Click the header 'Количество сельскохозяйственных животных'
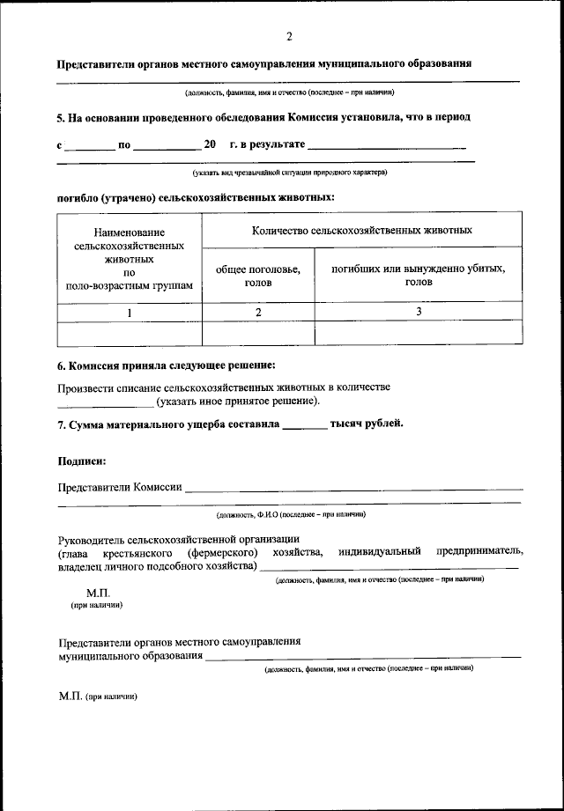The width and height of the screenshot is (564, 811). (361, 231)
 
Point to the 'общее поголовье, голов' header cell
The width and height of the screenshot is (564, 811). (258, 276)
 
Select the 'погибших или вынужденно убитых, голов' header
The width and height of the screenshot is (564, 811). (419, 276)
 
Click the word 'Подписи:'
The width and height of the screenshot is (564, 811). (83, 461)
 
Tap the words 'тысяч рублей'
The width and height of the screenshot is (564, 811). (367, 423)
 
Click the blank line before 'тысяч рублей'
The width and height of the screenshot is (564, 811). (305, 426)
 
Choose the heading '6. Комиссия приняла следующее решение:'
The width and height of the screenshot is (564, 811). (167, 365)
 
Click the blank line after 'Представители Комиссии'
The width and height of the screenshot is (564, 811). (353, 488)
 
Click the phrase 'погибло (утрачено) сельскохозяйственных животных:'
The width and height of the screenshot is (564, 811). (196, 199)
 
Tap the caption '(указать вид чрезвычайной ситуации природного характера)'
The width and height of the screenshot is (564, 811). (290, 173)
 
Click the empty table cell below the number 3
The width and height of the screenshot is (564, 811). (419, 334)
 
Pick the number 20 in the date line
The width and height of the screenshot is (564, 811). (210, 144)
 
